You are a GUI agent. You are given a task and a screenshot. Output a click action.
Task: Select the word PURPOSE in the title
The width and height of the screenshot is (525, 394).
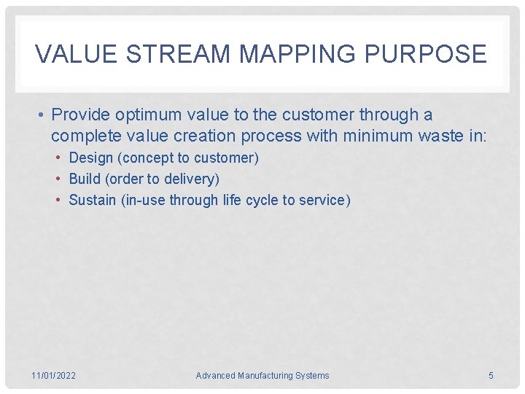pyautogui.click(x=435, y=54)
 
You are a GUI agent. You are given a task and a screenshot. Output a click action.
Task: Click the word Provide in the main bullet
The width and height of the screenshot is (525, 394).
pyautogui.click(x=82, y=115)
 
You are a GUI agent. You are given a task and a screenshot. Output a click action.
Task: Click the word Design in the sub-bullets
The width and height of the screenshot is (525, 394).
pyautogui.click(x=91, y=158)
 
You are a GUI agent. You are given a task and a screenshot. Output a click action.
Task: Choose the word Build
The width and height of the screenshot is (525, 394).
pyautogui.click(x=85, y=179)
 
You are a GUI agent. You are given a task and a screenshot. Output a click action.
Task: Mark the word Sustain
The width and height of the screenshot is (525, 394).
pyautogui.click(x=93, y=200)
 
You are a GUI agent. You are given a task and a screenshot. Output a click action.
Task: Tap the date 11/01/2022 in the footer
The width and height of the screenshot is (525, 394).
pyautogui.click(x=54, y=376)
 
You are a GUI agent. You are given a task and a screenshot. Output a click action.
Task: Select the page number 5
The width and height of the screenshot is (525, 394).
pyautogui.click(x=491, y=376)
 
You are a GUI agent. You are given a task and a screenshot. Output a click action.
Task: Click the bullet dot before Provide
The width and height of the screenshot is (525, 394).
pyautogui.click(x=44, y=115)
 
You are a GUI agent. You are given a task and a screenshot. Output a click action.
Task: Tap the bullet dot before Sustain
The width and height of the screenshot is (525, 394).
pyautogui.click(x=61, y=200)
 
